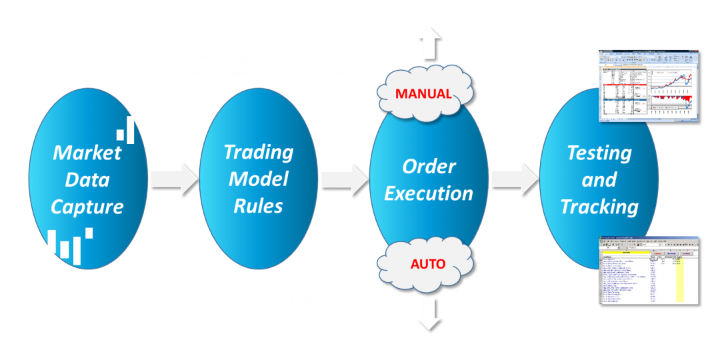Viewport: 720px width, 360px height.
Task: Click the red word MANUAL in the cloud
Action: point(424,93)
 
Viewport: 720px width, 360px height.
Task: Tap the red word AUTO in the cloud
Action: point(428,263)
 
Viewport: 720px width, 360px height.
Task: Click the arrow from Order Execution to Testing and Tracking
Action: point(514,179)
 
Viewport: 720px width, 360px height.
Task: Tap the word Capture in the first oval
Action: point(87,207)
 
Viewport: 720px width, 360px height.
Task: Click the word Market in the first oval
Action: point(87,153)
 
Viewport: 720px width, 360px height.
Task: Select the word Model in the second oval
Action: point(259,179)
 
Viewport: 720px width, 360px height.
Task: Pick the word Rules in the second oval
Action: point(259,206)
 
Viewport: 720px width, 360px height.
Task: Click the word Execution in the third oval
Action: point(429,193)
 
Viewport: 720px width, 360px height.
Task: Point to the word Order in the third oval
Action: point(429,166)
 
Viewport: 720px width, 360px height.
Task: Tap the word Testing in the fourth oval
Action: point(599,153)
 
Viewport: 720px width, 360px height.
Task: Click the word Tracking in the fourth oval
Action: point(599,207)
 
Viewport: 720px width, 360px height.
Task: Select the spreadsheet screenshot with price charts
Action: point(648,85)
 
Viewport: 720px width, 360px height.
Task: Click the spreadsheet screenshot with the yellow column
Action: point(648,270)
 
